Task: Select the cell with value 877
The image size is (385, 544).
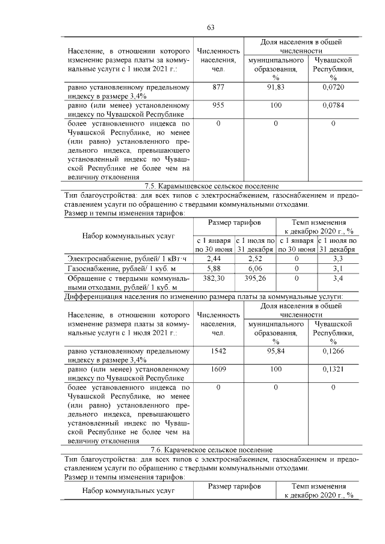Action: [218, 87]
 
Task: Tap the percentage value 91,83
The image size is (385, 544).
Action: [276, 87]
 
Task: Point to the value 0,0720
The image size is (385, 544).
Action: [333, 87]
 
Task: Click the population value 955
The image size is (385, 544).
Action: [218, 106]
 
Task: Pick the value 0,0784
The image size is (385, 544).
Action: [333, 106]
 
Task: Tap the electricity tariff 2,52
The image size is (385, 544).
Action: [255, 258]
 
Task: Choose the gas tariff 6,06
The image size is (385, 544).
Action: [255, 269]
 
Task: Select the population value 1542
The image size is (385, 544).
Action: [218, 350]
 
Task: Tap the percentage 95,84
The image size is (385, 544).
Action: [276, 350]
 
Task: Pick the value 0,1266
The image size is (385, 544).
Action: [333, 350]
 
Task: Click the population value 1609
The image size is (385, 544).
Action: [218, 369]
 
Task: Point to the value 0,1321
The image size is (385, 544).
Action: [333, 369]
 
